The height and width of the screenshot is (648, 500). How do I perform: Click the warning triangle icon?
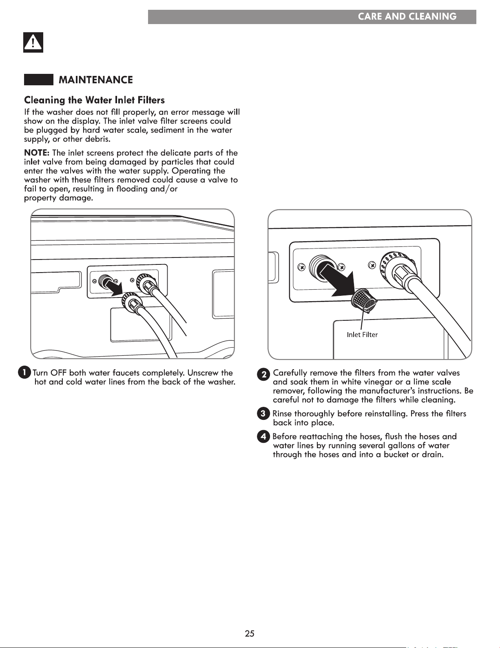tap(33, 42)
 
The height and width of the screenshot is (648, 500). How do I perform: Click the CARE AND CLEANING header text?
tap(407, 16)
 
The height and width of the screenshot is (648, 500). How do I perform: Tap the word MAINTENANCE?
tap(96, 80)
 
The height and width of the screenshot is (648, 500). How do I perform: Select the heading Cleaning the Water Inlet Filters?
tap(94, 100)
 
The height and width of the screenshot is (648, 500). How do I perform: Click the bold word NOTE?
tap(37, 153)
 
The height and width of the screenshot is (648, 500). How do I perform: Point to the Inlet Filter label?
tap(362, 335)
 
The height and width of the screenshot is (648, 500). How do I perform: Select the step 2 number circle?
tap(263, 374)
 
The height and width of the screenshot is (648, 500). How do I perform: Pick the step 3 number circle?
tap(263, 414)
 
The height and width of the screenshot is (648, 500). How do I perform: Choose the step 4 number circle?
tap(263, 437)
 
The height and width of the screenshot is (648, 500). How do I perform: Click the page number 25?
tap(250, 633)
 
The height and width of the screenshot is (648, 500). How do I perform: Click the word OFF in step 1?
tap(58, 373)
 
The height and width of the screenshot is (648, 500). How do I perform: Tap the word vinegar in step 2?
tap(378, 382)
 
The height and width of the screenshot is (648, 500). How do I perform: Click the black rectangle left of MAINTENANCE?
tap(39, 80)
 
